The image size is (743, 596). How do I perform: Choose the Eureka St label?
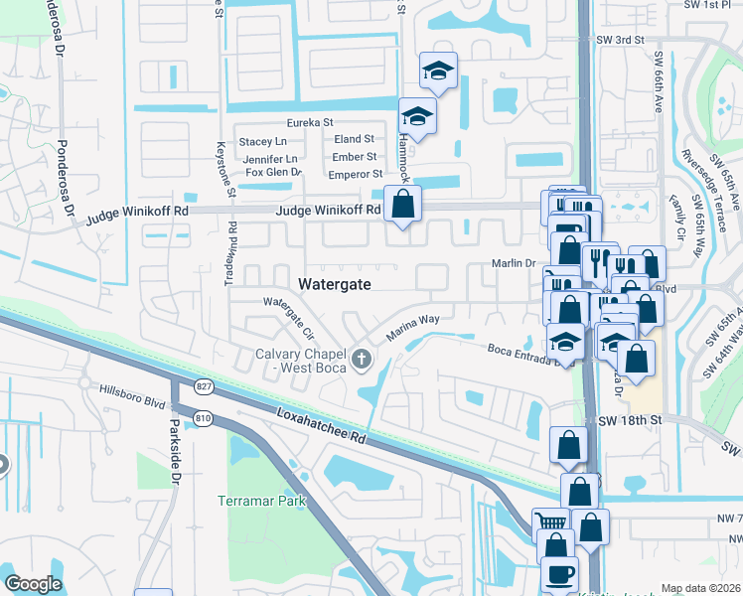[x=309, y=122]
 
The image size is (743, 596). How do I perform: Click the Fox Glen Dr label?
[x=273, y=172]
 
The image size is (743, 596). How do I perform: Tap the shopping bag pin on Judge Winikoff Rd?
[x=402, y=206]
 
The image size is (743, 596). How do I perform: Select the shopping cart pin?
[x=549, y=521]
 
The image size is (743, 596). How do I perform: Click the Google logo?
[x=33, y=584]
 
